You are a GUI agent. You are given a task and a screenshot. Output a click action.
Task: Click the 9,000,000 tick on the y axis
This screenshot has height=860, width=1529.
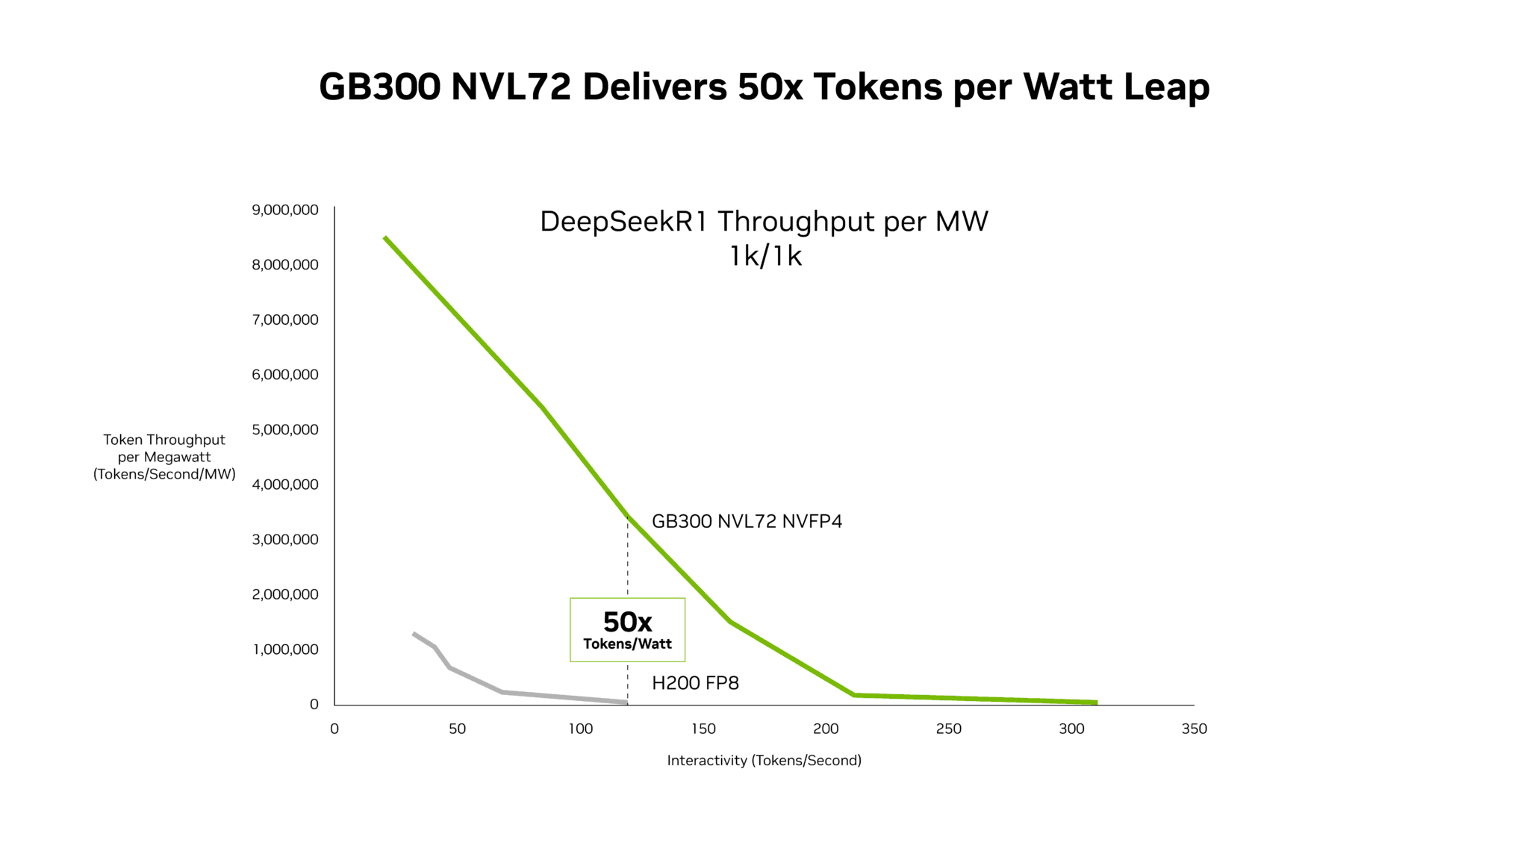(285, 210)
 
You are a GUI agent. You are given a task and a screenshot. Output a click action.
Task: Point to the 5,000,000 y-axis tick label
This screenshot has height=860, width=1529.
(285, 429)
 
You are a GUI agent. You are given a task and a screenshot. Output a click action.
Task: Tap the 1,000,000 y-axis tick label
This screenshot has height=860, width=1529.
(285, 649)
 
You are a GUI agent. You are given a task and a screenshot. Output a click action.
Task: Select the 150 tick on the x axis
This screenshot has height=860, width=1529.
(703, 729)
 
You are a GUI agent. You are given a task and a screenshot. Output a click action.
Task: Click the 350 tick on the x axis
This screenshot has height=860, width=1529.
(1194, 729)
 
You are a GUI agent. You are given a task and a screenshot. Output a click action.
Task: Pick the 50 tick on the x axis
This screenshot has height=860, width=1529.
(457, 729)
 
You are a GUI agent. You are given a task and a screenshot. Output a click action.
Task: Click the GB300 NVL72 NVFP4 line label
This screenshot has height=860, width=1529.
(747, 521)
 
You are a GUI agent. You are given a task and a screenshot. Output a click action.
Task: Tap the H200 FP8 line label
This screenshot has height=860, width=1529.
(695, 683)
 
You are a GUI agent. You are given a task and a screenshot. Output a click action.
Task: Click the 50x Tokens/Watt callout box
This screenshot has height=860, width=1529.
(627, 629)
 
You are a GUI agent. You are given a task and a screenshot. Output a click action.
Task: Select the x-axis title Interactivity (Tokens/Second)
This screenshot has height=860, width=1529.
(764, 760)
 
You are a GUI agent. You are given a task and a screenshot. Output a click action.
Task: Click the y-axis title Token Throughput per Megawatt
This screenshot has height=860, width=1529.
(164, 457)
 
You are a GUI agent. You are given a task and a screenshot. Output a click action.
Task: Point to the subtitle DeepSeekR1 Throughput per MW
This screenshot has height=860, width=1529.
(764, 222)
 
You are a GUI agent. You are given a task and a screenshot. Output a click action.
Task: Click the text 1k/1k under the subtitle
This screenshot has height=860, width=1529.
(765, 256)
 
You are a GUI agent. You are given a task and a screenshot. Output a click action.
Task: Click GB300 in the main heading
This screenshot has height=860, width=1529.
(379, 87)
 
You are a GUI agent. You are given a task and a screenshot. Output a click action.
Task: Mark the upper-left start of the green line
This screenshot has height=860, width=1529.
(385, 238)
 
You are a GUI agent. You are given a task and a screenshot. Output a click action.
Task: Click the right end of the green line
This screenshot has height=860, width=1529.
(1095, 702)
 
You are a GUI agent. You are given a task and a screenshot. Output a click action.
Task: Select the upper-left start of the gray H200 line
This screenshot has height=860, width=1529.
(414, 634)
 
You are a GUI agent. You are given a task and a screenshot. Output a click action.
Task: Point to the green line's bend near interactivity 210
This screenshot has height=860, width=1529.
(853, 695)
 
